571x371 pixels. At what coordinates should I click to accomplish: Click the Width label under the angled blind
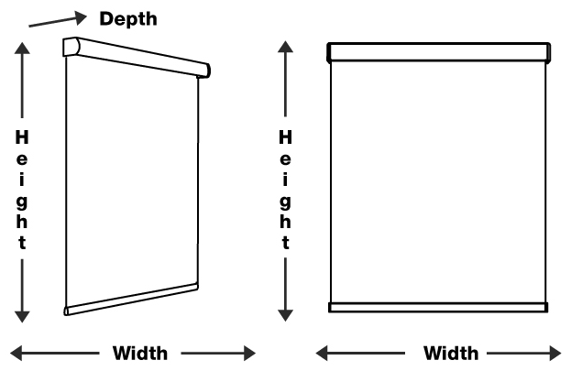pyautogui.click(x=139, y=353)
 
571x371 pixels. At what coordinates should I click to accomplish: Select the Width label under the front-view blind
pyautogui.click(x=450, y=353)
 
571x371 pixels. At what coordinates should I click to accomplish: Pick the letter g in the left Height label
pyautogui.click(x=22, y=201)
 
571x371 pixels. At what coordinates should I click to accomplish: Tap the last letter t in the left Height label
pyautogui.click(x=22, y=243)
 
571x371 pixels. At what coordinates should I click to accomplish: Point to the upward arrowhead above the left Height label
pyautogui.click(x=22, y=47)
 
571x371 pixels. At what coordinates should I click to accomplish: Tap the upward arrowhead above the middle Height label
pyautogui.click(x=285, y=47)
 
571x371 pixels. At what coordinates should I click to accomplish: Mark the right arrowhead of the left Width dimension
pyautogui.click(x=248, y=353)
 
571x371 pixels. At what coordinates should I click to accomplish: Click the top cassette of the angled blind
pyautogui.click(x=137, y=58)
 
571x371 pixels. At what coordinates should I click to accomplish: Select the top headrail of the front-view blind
pyautogui.click(x=438, y=52)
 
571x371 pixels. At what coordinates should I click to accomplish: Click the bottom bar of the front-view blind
pyautogui.click(x=438, y=307)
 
